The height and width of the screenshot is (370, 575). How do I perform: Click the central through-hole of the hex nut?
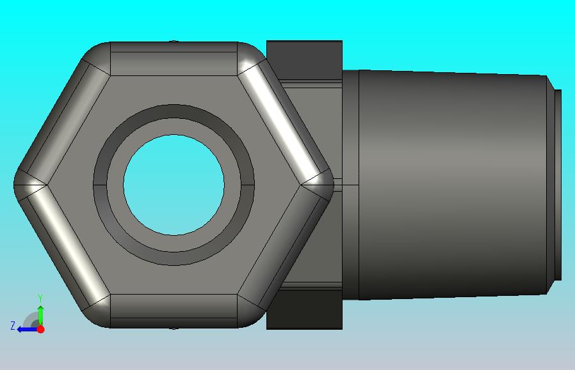point(174,185)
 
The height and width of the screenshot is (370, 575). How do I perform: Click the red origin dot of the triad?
point(41,329)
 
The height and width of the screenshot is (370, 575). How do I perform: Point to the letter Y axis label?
point(41,298)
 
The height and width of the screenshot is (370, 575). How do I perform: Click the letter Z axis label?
point(13,326)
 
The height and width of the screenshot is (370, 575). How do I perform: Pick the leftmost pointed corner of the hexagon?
point(14,185)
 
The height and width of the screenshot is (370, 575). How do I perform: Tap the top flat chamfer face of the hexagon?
point(174,59)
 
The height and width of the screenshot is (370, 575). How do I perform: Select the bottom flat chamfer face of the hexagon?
point(174,311)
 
